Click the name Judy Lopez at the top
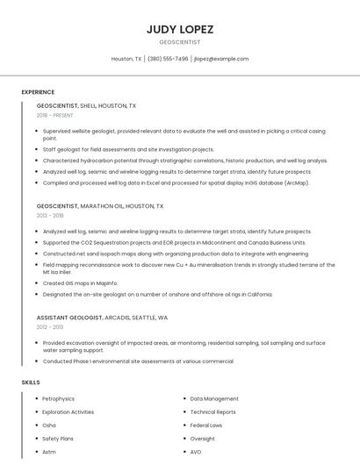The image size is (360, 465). pyautogui.click(x=179, y=29)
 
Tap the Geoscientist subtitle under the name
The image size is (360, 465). pyautogui.click(x=179, y=42)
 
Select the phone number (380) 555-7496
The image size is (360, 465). pyautogui.click(x=168, y=59)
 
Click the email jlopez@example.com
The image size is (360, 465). pyautogui.click(x=221, y=59)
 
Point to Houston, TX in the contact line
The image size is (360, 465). pyautogui.click(x=126, y=59)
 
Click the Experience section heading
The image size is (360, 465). pyautogui.click(x=38, y=92)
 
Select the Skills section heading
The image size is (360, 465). pyautogui.click(x=30, y=383)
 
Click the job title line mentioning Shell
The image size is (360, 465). pyautogui.click(x=86, y=105)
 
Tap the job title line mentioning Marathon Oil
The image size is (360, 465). pyautogui.click(x=99, y=205)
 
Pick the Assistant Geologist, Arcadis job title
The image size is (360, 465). pyautogui.click(x=102, y=317)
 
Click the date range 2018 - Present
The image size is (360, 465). pyautogui.click(x=55, y=115)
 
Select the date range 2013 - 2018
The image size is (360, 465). pyautogui.click(x=50, y=215)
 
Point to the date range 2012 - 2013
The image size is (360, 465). pyautogui.click(x=49, y=326)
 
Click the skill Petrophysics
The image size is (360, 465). pyautogui.click(x=59, y=398)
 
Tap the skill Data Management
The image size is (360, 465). pyautogui.click(x=214, y=398)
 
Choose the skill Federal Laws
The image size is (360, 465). pyautogui.click(x=206, y=425)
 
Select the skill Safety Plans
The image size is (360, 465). pyautogui.click(x=58, y=438)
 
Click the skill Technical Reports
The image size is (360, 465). pyautogui.click(x=212, y=411)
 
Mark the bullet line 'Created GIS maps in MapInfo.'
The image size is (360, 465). pyautogui.click(x=80, y=283)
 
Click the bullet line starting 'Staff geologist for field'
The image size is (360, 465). pyautogui.click(x=128, y=150)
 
